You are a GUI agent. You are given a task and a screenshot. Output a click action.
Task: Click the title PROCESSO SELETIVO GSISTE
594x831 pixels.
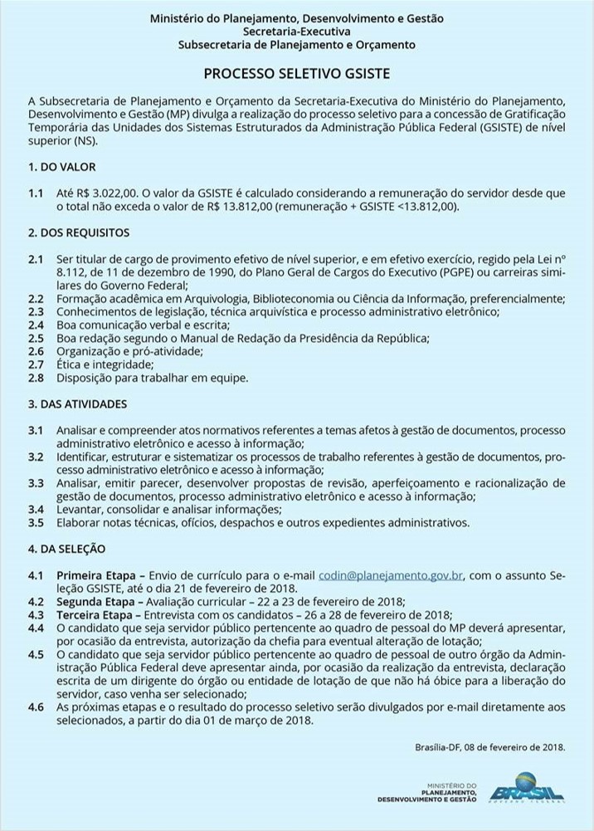tap(296, 74)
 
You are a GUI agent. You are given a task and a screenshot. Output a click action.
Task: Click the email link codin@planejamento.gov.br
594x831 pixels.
tap(391, 575)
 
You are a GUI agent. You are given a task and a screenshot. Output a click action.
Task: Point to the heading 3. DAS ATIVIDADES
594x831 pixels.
tap(77, 404)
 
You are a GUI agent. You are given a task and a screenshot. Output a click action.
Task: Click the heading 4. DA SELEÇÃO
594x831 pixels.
tap(67, 550)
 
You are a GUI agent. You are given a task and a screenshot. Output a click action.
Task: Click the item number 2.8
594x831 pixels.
tap(36, 378)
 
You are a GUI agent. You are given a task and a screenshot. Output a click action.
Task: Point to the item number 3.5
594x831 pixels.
tap(36, 523)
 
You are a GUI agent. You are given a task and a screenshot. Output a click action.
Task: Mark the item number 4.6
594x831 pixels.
tap(36, 706)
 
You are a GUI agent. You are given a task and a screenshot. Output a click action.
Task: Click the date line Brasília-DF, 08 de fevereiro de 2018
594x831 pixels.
tap(489, 747)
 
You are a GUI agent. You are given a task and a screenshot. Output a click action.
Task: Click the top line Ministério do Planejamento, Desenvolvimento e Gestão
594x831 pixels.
tap(296, 17)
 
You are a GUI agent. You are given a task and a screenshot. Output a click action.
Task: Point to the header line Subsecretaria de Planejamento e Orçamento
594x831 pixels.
tap(296, 45)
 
